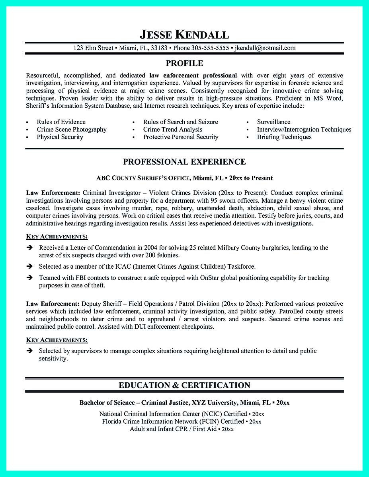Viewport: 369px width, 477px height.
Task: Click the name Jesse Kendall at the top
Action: (x=184, y=35)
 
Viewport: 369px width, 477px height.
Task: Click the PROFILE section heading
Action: (x=184, y=63)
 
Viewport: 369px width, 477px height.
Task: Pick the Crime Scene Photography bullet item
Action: (x=72, y=130)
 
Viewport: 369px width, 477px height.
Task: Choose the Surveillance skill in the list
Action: (x=273, y=122)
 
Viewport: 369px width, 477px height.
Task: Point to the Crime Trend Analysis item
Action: (x=173, y=130)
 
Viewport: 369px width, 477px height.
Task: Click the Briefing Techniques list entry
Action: (x=284, y=137)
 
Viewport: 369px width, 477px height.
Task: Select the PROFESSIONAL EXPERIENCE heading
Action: (x=184, y=162)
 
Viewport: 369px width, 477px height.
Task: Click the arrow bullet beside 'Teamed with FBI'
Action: (x=29, y=278)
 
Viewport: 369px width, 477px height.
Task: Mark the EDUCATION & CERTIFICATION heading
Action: (x=184, y=385)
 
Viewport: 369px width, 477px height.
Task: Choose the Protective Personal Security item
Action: (x=181, y=137)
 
